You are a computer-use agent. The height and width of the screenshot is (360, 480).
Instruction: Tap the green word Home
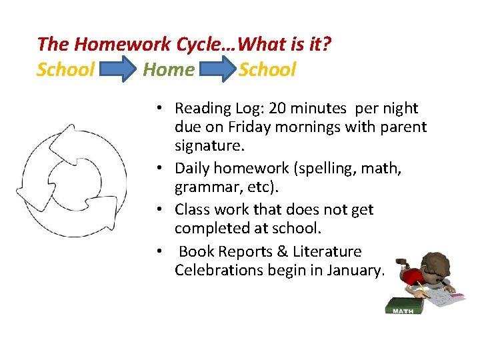pyautogui.click(x=169, y=69)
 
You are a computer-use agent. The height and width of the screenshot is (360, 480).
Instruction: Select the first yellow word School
pyautogui.click(x=65, y=69)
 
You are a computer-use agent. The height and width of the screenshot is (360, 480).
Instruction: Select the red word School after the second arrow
pyautogui.click(x=267, y=69)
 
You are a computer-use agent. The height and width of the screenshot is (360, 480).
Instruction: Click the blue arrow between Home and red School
pyautogui.click(x=217, y=70)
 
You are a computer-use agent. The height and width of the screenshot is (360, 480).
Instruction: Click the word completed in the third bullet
pyautogui.click(x=210, y=228)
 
